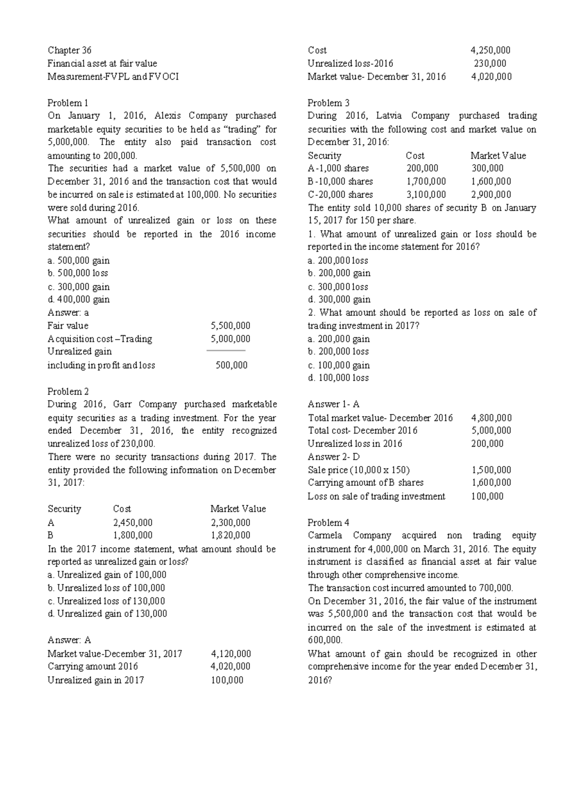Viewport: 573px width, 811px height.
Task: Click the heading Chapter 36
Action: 69,50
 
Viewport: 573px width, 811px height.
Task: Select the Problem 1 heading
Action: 68,103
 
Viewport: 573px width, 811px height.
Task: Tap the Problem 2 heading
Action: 68,392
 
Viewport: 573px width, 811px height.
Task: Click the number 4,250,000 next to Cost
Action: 490,50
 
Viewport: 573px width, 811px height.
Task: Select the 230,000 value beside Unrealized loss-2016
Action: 490,64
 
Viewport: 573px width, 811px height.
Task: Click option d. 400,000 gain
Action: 79,299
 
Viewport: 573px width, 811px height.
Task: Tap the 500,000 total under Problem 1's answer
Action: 232,365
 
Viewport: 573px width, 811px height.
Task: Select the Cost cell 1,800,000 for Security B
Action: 133,535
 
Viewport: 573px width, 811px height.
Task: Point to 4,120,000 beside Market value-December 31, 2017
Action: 231,653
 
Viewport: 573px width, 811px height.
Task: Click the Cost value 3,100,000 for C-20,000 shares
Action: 426,194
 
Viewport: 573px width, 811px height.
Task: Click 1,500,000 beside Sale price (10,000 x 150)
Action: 491,470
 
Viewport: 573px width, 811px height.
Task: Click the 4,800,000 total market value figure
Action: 491,418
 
